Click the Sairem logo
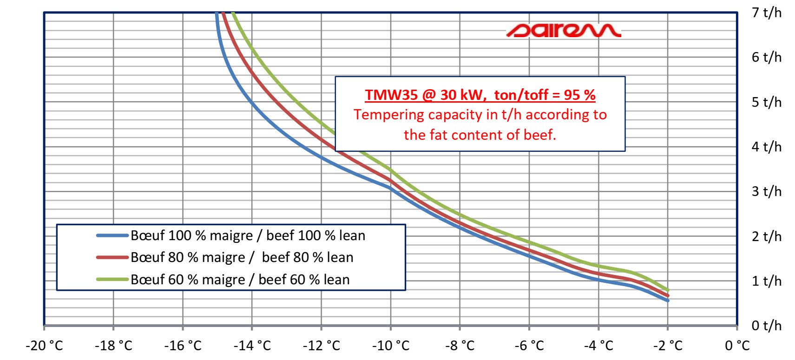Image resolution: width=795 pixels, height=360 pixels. (564, 31)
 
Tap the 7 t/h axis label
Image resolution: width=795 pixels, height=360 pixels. (767, 13)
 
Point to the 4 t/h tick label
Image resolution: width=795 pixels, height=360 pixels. (767, 146)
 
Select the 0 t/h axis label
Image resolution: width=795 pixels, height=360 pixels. (767, 325)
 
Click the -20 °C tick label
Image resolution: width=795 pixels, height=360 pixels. (44, 346)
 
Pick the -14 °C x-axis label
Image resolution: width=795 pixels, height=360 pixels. (252, 346)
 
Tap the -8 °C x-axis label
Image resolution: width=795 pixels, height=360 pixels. (460, 346)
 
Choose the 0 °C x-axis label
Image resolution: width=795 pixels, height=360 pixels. (737, 346)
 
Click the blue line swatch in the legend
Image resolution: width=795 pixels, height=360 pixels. (112, 236)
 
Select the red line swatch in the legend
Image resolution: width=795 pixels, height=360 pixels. (112, 257)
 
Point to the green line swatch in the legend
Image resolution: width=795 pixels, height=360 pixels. (112, 280)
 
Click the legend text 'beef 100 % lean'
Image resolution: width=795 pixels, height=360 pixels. (315, 236)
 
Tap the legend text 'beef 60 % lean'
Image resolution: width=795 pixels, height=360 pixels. (304, 280)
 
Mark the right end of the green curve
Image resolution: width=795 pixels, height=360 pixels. (668, 290)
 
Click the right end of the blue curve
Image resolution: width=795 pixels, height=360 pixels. (668, 301)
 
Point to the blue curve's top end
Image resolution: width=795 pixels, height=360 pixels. (217, 13)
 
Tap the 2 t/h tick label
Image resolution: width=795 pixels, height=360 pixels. (767, 236)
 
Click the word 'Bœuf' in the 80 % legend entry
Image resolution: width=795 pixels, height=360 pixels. (147, 257)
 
